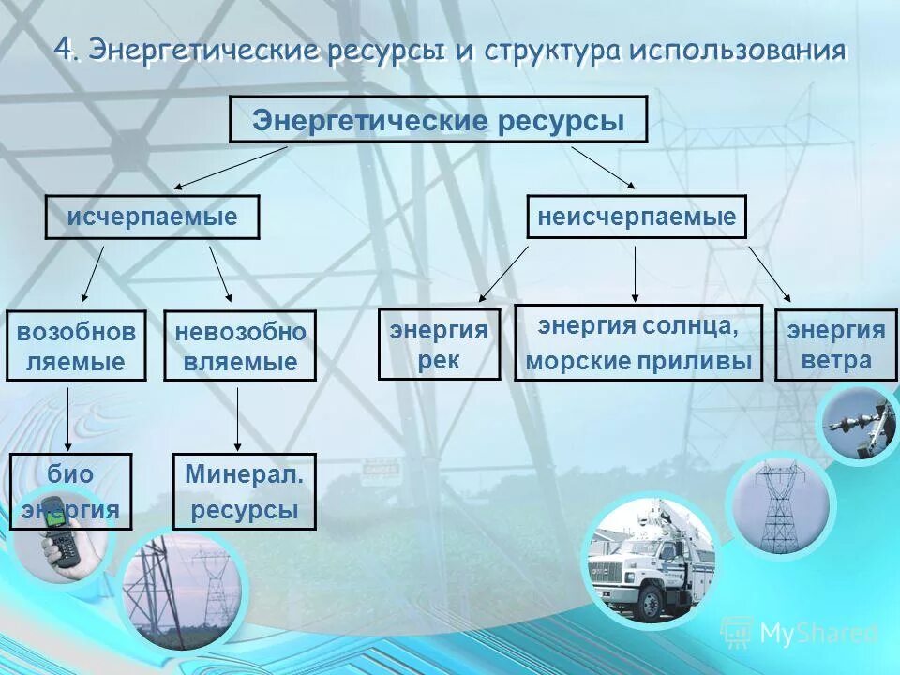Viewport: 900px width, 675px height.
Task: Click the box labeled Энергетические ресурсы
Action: coord(438,119)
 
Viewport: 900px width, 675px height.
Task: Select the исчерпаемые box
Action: coord(152,217)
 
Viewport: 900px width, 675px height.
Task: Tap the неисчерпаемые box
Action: coord(637,217)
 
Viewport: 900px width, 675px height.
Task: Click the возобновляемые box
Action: coord(76,345)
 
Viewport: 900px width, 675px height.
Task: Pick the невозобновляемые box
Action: coord(241,346)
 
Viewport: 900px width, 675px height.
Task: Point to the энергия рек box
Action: coord(439,344)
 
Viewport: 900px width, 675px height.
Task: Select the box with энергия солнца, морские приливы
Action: coord(637,342)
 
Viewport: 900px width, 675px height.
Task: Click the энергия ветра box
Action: coord(835,344)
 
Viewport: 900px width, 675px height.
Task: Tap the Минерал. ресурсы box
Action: coord(244,491)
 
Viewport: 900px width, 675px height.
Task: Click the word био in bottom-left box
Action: coord(71,474)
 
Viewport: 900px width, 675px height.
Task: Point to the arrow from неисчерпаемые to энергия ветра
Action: coord(770,275)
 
